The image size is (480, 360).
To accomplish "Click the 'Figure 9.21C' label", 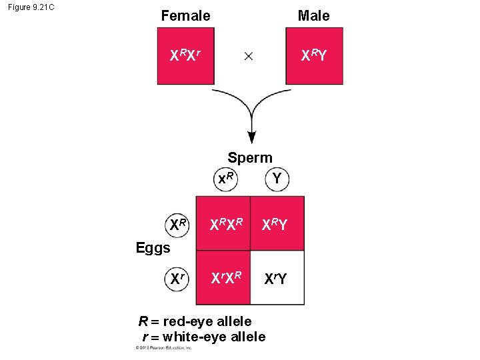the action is click(x=32, y=8).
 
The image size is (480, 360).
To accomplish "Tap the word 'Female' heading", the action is click(x=185, y=15).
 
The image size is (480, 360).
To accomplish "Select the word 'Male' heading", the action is click(x=313, y=15).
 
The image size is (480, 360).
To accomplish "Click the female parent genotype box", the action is click(x=185, y=56).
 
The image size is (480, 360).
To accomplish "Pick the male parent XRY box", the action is click(x=314, y=56).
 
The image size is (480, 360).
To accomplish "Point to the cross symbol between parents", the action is click(x=248, y=57).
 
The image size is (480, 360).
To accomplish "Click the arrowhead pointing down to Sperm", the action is click(x=251, y=137).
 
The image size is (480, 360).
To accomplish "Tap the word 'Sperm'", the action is click(x=250, y=158).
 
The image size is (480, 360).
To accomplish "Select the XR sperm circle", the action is click(x=226, y=179).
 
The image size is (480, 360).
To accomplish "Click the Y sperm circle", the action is click(x=276, y=179).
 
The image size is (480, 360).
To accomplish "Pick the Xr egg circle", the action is click(x=177, y=277).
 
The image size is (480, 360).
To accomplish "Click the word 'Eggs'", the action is click(x=153, y=249).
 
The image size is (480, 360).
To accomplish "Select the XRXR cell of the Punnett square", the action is click(x=223, y=224).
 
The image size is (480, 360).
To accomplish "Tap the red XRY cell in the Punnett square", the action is click(x=277, y=224).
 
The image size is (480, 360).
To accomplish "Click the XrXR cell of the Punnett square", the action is click(x=223, y=277).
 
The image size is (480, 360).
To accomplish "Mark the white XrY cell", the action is click(x=277, y=277).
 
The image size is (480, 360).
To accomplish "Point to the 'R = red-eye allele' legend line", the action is click(x=195, y=323).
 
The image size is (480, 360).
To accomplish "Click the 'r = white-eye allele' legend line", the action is click(x=204, y=337).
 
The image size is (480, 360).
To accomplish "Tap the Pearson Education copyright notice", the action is click(x=164, y=348).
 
